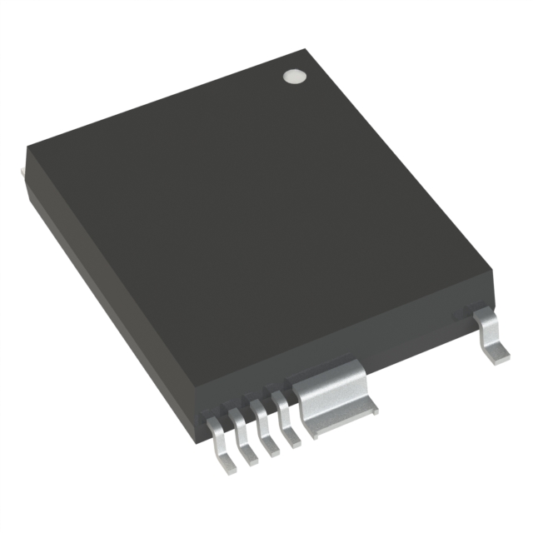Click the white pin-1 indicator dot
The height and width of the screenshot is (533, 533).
coord(294,77)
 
